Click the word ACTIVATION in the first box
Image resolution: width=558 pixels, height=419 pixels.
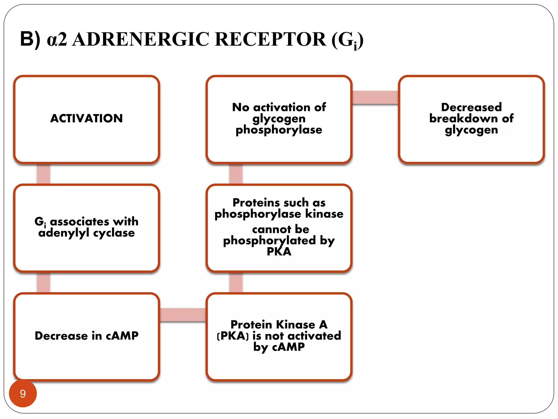[86, 118]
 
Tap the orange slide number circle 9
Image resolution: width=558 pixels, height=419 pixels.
[23, 394]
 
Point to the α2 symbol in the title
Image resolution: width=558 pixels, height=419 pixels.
[57, 40]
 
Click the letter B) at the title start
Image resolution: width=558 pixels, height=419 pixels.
[30, 39]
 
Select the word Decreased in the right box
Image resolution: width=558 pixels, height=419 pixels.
[471, 107]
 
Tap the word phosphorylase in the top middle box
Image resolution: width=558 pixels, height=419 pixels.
[279, 130]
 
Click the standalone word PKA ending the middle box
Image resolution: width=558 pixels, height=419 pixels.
[279, 252]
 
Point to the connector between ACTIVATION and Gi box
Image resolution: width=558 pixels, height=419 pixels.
[43, 174]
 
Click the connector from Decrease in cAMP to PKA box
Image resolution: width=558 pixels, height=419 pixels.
[183, 315]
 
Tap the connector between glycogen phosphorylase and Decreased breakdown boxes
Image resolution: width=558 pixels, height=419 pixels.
[375, 97]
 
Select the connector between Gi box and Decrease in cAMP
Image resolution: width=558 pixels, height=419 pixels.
[43, 282]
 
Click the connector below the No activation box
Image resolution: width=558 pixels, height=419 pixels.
[236, 174]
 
